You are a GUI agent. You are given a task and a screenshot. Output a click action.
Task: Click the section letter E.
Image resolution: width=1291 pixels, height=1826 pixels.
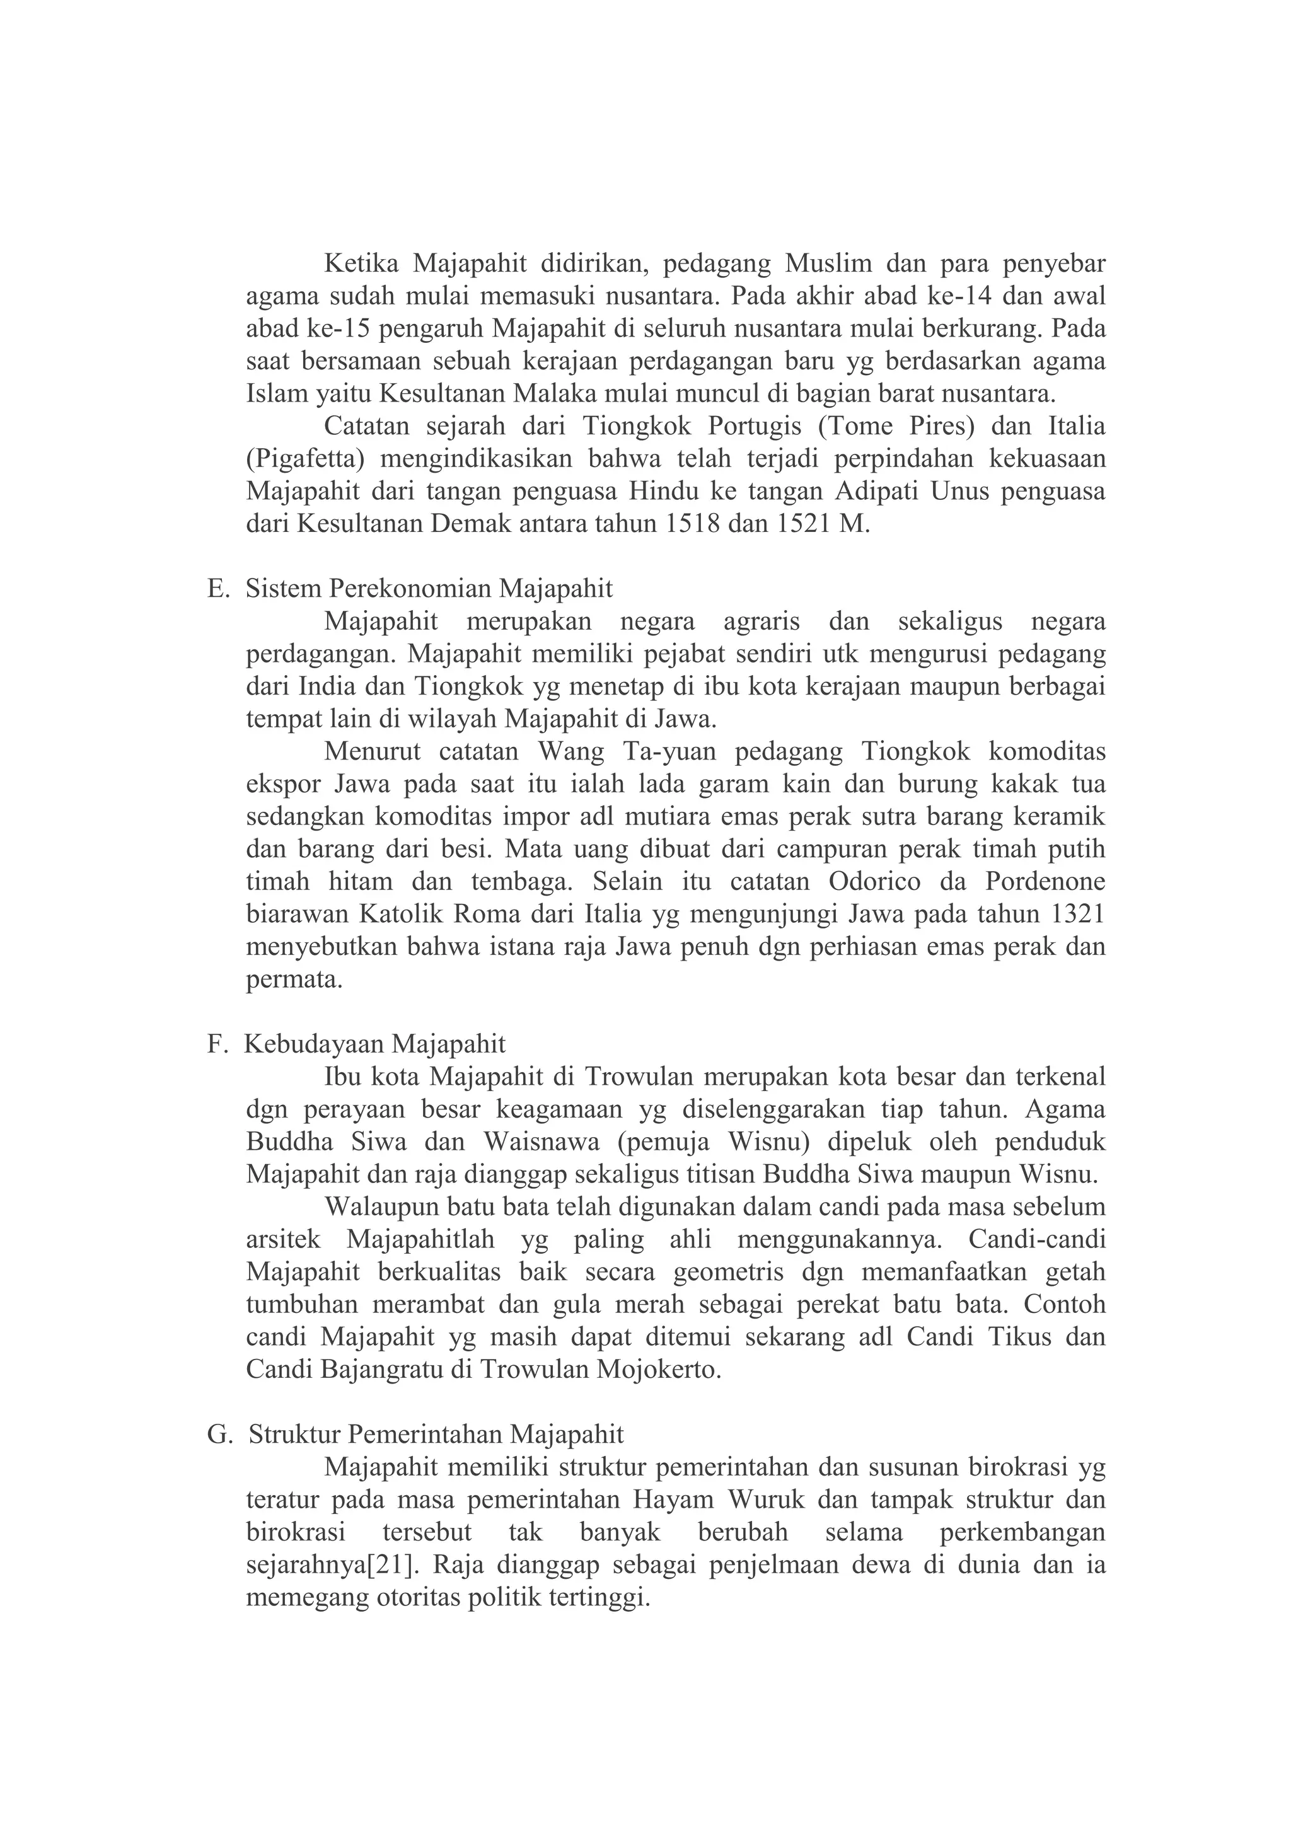216,589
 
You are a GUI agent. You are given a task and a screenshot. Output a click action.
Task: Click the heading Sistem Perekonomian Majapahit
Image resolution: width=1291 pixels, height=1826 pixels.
429,589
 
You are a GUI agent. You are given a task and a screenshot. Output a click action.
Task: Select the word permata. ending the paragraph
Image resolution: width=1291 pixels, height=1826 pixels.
294,979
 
